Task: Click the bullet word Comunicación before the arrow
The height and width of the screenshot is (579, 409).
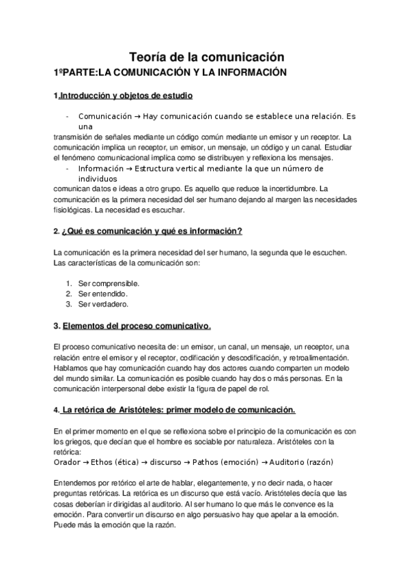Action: [x=105, y=116]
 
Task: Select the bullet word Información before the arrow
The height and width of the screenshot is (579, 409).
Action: [x=102, y=168]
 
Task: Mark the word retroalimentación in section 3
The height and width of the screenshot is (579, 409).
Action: [x=318, y=358]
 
